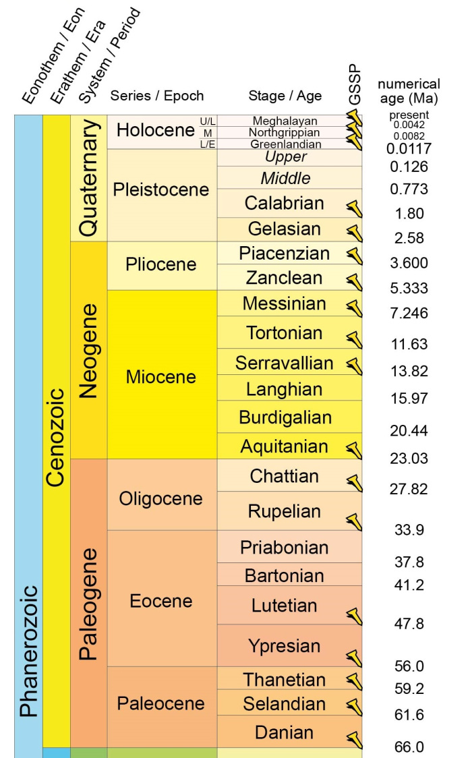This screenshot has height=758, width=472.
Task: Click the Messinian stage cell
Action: [x=284, y=304]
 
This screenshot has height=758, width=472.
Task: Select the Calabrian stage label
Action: [x=284, y=203]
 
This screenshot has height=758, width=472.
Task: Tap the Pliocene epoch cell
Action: [x=161, y=264]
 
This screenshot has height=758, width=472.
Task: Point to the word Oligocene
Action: [x=160, y=498]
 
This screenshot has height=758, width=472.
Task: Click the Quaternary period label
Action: [x=88, y=178]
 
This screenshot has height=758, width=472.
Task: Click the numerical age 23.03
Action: [x=409, y=459]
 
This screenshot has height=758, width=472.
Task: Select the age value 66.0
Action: [x=409, y=747]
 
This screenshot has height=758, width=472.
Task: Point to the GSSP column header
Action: [x=355, y=86]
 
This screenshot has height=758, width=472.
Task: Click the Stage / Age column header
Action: [x=285, y=96]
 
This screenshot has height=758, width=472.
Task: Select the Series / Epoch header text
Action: [x=156, y=96]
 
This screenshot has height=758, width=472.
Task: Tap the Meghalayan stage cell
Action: [x=284, y=121]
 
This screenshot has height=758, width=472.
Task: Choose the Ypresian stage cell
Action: [x=284, y=645]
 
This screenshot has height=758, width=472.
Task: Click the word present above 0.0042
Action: [x=409, y=115]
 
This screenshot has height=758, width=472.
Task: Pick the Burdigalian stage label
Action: [x=289, y=417]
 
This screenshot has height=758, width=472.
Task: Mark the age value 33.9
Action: [x=409, y=529]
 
